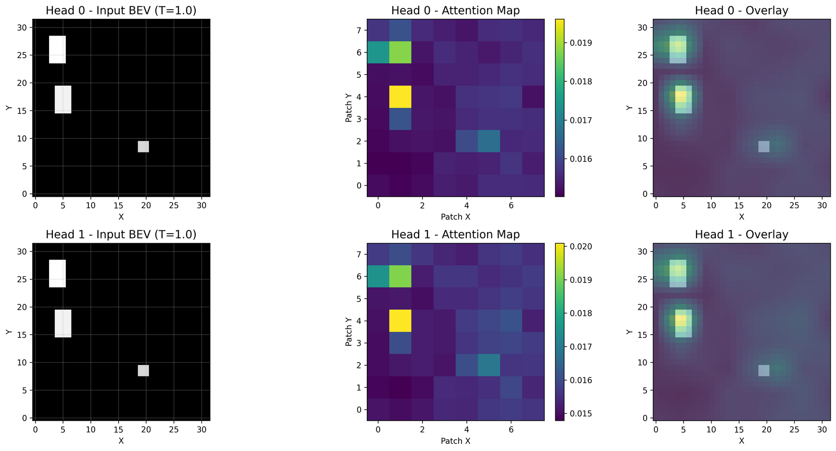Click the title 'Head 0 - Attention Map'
455,11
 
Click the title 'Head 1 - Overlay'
741,235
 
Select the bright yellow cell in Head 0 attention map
400,97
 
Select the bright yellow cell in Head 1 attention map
400,321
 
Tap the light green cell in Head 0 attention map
400,52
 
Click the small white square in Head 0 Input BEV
143,147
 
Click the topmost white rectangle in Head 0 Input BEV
57,49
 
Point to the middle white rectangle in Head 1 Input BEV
63,323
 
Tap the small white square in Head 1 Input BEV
143,370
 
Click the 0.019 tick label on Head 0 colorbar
581,43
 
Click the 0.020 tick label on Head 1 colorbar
581,247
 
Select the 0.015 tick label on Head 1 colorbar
581,413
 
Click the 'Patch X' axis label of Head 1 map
455,441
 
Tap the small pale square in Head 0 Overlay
763,147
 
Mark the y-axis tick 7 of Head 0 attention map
359,31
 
